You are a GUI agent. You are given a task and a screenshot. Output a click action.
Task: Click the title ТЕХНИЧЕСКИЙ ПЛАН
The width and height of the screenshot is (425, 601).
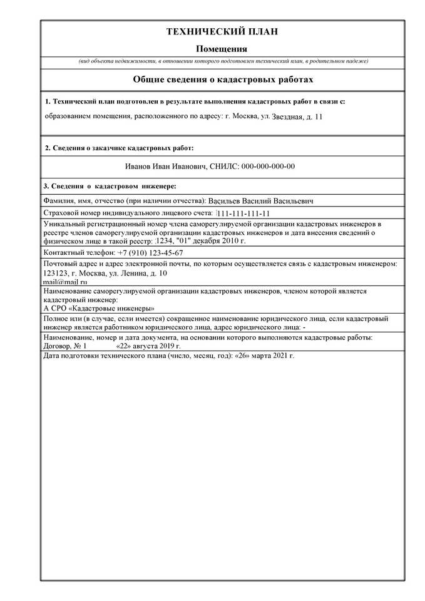(222, 32)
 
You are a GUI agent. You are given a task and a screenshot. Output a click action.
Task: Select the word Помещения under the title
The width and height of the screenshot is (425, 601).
(222, 49)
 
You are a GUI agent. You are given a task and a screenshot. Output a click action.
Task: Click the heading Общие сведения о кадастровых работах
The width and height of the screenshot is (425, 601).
(222, 80)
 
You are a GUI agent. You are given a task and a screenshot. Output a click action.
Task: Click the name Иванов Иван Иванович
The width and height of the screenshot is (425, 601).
(165, 167)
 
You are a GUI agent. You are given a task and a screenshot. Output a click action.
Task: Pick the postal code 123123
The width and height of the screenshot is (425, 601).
(55, 274)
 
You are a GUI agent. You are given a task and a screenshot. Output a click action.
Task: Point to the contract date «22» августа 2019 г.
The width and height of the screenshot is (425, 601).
(148, 345)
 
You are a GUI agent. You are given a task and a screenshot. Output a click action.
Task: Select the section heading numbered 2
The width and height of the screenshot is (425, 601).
(119, 148)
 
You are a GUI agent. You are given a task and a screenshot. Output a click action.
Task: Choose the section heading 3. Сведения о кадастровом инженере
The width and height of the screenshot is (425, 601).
(110, 186)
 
